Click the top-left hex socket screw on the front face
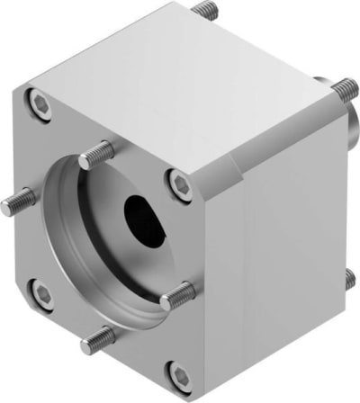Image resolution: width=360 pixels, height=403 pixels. [40, 104]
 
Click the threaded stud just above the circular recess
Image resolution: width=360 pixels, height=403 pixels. [97, 157]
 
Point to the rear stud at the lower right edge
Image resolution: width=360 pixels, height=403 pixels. [348, 281]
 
